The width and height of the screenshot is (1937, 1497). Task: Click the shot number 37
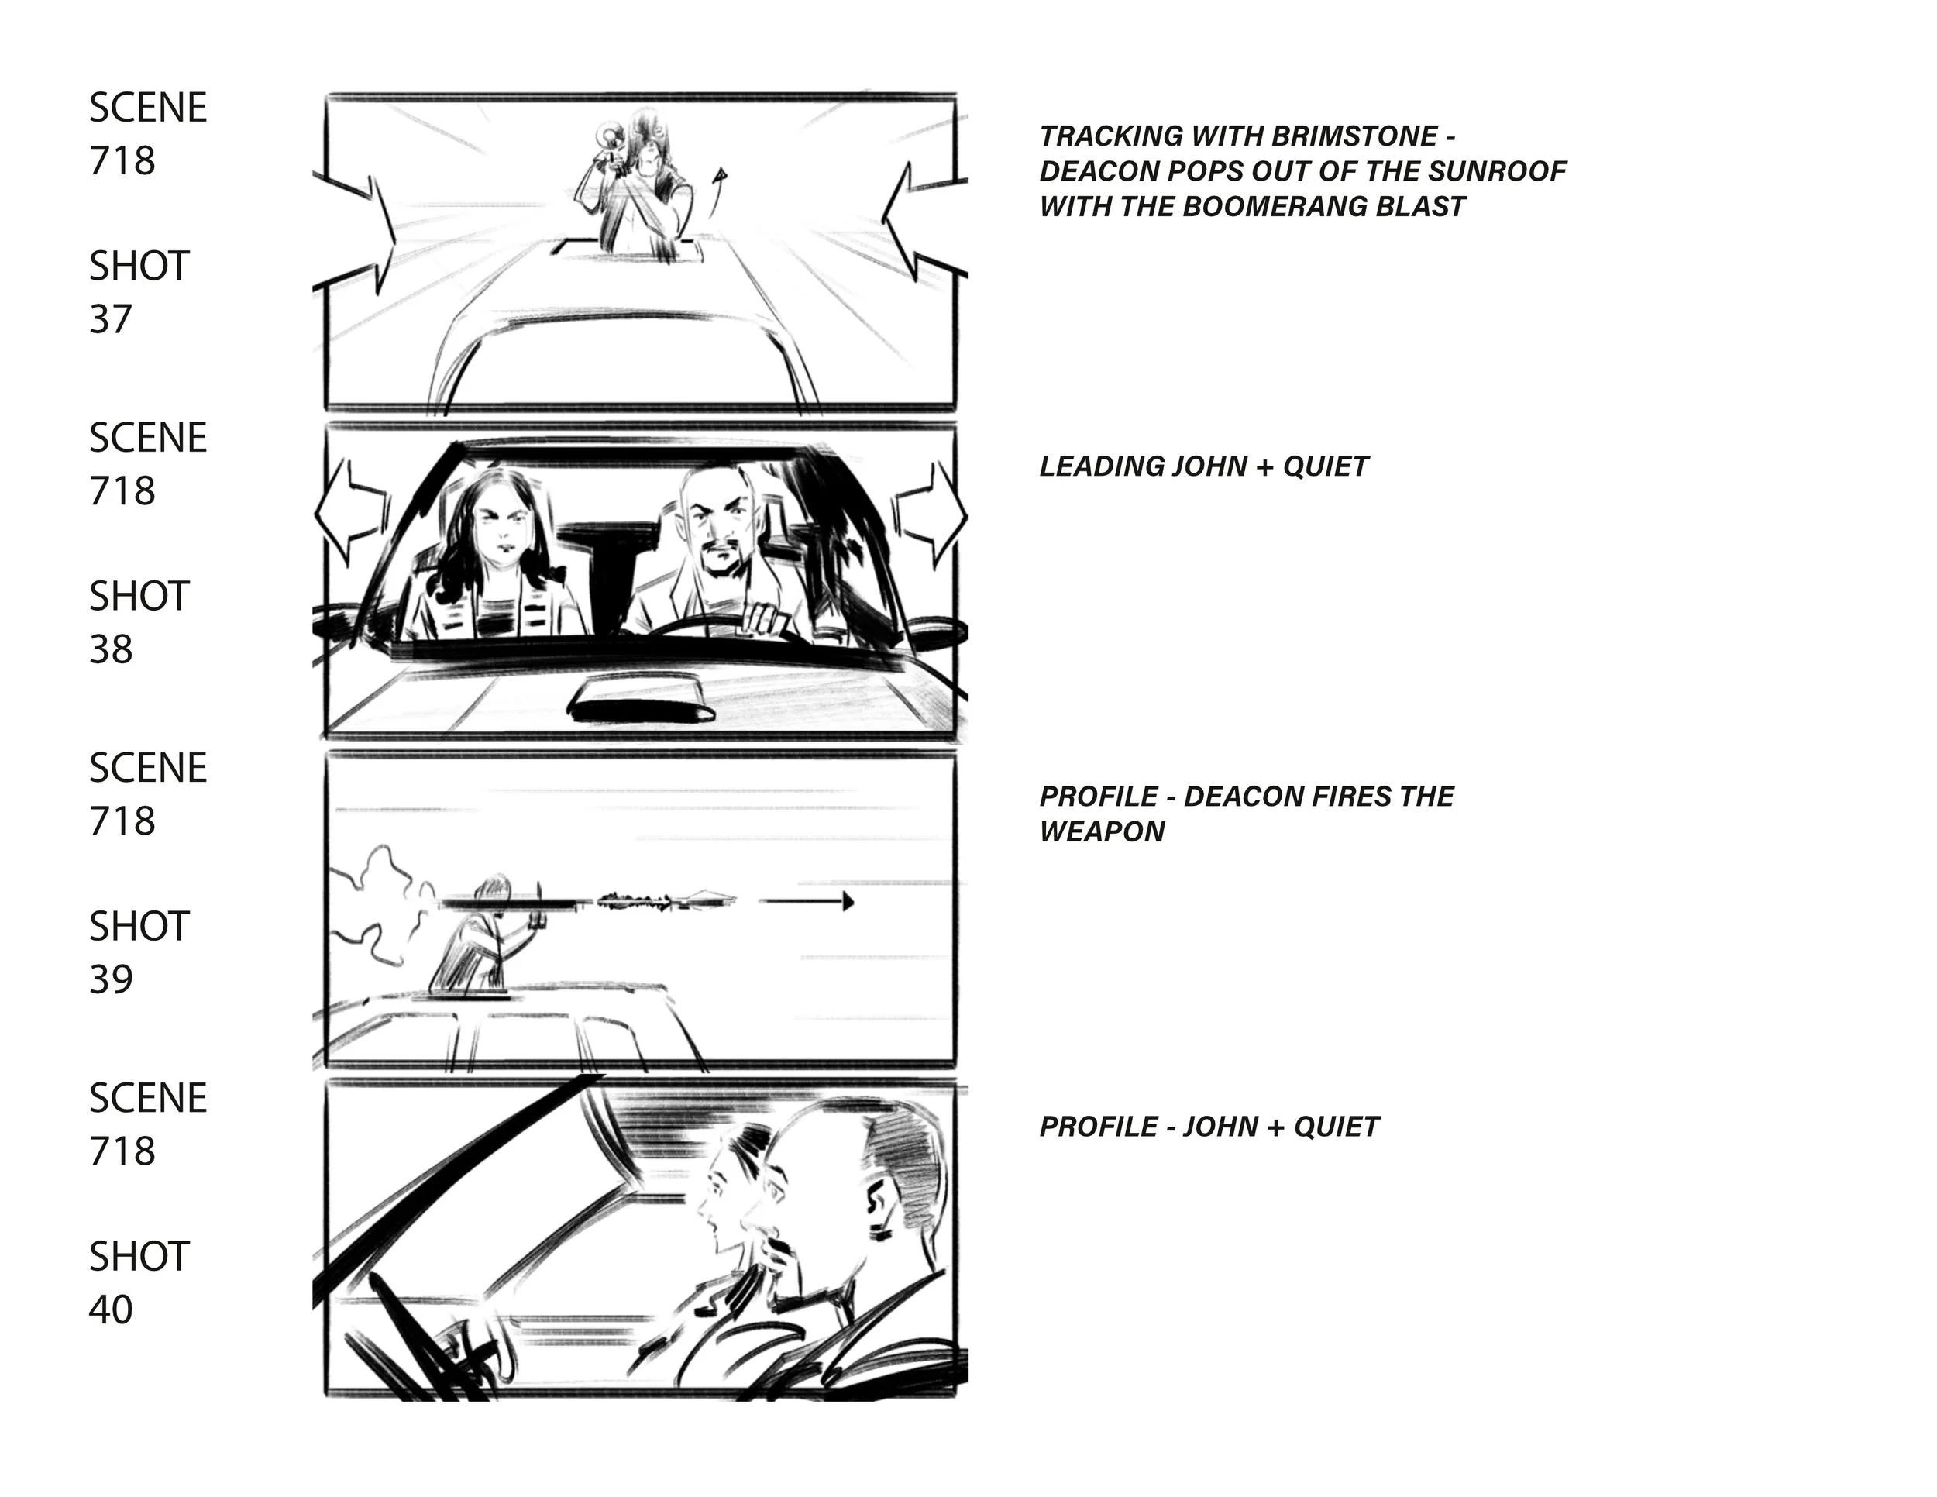coord(110,319)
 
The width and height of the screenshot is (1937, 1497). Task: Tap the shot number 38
coord(111,649)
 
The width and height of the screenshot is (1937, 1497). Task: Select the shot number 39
coord(111,979)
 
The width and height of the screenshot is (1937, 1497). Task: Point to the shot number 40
coord(111,1309)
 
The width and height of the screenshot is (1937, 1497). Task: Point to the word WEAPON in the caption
coord(1102,832)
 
